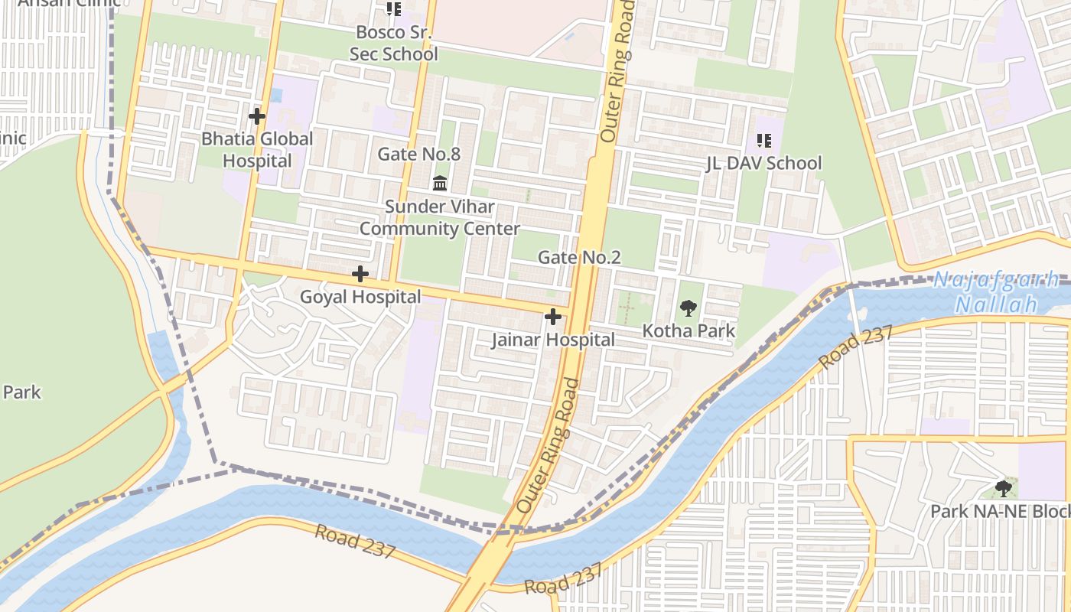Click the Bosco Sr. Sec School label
(x=393, y=44)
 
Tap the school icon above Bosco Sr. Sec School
(x=393, y=9)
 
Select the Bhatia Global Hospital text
(x=257, y=150)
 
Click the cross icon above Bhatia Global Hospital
(x=257, y=116)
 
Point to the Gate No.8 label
(x=419, y=154)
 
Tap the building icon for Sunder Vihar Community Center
(x=440, y=184)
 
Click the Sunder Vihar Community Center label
(x=440, y=218)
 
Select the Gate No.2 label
(x=579, y=258)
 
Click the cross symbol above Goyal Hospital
(x=360, y=274)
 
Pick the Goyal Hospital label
(x=360, y=297)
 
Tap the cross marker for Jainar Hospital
(x=553, y=317)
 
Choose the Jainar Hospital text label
(x=553, y=340)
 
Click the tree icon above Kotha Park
(x=688, y=308)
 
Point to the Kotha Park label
(x=688, y=331)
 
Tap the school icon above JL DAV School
(x=763, y=140)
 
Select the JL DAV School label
(x=763, y=163)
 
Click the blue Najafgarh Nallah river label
(x=996, y=291)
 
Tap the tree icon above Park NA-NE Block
(x=1003, y=488)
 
